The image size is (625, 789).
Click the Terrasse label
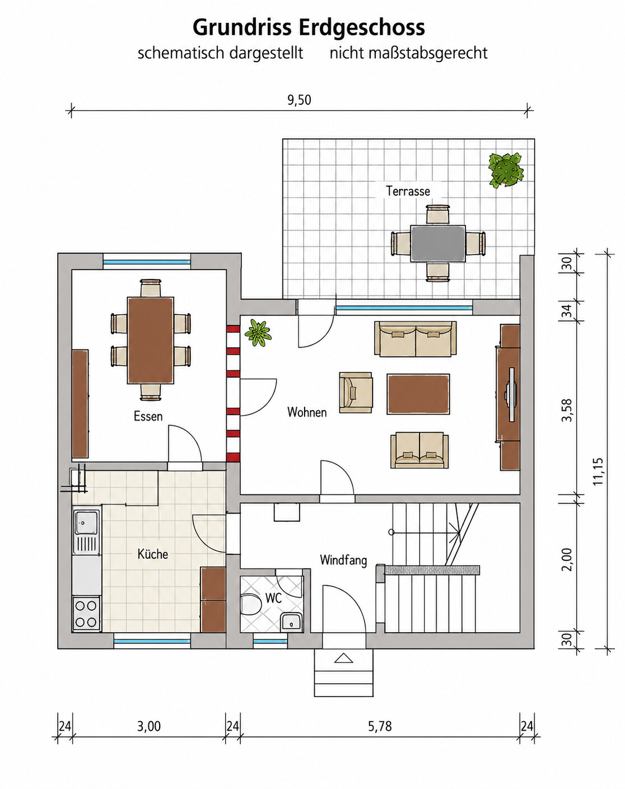[x=408, y=191]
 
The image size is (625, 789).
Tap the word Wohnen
[x=307, y=412]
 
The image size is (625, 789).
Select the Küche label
[x=152, y=554]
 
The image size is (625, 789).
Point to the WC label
[x=273, y=598]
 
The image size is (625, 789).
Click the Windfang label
[x=343, y=560]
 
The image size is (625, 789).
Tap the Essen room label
[x=148, y=416]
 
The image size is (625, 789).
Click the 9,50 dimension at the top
[x=299, y=100]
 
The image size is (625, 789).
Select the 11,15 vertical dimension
[x=598, y=471]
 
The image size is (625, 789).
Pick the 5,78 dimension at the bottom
[x=380, y=726]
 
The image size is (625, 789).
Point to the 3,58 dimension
[x=567, y=410]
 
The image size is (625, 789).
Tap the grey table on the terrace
[x=437, y=244]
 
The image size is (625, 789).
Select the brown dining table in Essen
[x=151, y=340]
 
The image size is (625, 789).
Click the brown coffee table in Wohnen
[x=418, y=394]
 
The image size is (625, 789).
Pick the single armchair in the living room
[x=356, y=393]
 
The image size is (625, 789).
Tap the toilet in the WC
[x=250, y=604]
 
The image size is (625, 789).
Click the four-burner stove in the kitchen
[x=87, y=614]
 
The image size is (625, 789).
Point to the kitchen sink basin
[x=86, y=522]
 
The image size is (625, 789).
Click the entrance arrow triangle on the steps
[x=344, y=659]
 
